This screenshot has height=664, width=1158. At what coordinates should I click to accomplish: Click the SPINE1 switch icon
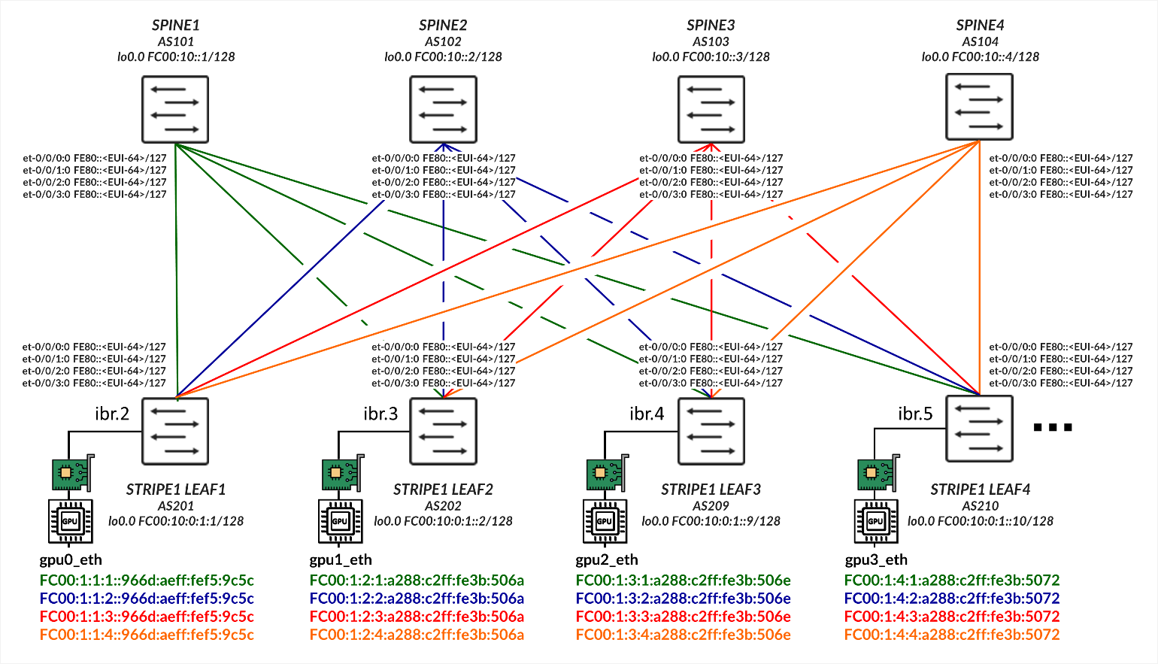175,110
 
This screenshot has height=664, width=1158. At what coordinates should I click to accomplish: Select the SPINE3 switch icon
711,110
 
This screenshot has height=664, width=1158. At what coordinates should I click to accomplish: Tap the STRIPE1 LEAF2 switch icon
443,432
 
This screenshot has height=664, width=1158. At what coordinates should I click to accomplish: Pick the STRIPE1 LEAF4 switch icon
979,429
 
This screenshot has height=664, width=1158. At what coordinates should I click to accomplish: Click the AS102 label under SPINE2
443,42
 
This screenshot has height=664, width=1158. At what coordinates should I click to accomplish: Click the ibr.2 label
112,414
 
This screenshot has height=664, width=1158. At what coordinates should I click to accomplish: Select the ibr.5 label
915,414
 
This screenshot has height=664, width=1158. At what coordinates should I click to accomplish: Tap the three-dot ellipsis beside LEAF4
1052,427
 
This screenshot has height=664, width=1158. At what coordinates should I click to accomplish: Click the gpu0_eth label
71,559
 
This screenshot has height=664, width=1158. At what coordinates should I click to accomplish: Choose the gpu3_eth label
876,559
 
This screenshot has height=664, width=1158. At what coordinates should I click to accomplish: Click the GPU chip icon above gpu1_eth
341,521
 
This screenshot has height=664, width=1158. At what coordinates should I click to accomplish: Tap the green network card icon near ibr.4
606,473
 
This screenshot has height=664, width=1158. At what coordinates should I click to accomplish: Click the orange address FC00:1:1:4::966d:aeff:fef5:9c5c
147,635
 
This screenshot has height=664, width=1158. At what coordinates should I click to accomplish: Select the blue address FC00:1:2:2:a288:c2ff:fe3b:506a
417,599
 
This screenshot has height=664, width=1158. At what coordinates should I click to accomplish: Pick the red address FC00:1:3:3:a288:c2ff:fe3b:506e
683,617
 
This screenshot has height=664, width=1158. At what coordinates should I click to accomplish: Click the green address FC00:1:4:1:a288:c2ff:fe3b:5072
951,581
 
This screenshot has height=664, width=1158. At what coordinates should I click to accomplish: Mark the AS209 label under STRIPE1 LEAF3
711,506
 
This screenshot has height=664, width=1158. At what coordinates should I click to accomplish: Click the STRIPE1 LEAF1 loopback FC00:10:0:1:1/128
176,521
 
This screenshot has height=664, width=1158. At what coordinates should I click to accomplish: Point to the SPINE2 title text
443,26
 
